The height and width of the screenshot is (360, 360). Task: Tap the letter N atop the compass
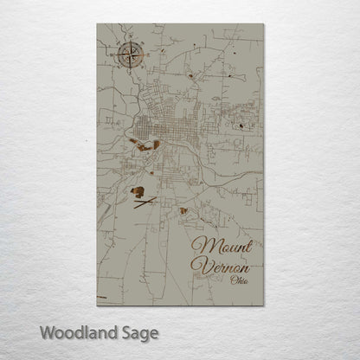(x=129, y=42)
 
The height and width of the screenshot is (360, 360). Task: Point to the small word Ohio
(x=235, y=279)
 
